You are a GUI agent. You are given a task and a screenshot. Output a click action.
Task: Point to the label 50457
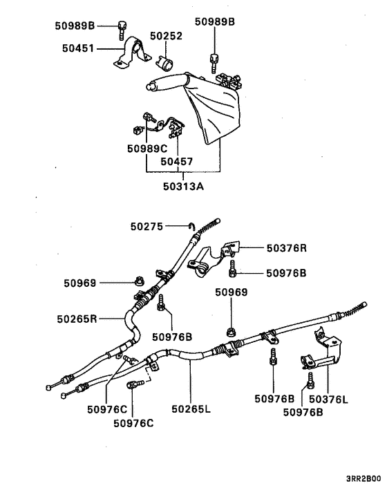tap(177, 161)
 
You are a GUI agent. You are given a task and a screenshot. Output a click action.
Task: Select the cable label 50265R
tap(77, 319)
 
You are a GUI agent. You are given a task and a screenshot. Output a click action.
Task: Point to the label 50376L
tap(328, 399)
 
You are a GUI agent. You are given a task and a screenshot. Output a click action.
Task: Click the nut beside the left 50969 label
tap(138, 281)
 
